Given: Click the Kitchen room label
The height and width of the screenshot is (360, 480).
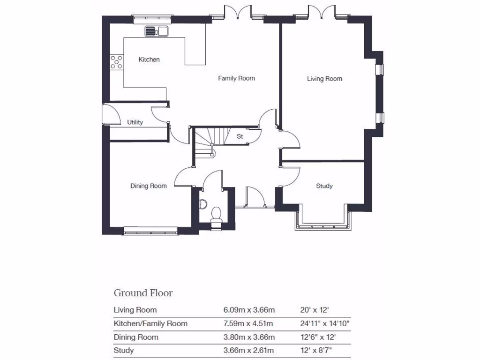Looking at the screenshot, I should point(149,60).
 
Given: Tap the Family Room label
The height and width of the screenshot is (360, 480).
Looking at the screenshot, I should point(236,78).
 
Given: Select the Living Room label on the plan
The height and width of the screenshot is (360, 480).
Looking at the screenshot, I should point(324,79).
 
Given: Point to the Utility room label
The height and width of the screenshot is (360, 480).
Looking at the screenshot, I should point(135,122).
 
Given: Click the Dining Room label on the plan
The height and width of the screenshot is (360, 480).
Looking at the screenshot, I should point(148,186).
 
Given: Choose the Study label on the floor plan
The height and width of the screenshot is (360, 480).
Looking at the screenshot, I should point(324,186).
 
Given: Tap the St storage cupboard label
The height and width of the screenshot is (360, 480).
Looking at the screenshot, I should point(240,137).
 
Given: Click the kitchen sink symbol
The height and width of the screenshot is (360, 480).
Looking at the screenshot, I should point(157,31).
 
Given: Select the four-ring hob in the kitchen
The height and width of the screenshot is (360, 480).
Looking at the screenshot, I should point(117,62).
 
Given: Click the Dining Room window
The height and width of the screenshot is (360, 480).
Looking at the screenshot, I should point(151,230).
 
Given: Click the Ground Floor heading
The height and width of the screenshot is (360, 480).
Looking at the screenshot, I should point(143,293).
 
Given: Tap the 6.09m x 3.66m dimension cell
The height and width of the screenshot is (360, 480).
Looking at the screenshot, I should point(248,310).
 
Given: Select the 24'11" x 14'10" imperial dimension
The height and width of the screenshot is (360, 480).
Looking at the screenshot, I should point(325,323).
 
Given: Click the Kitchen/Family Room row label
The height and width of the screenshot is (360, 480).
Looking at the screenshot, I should point(150,323).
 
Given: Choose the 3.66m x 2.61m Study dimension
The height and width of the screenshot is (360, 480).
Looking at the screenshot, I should point(248,351).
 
